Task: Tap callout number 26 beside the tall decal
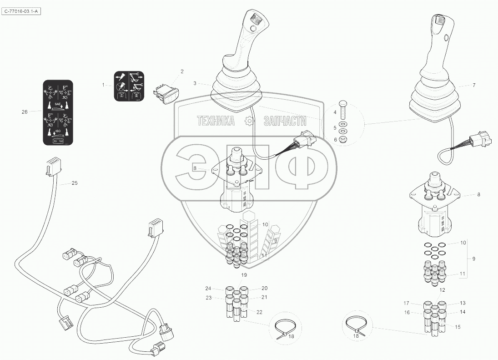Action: coord(25,112)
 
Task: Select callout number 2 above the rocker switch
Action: coord(182,71)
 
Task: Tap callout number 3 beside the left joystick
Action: coord(195,83)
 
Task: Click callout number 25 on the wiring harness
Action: coord(75,183)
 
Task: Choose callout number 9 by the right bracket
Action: coord(474,259)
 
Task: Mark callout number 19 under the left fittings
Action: coord(244,275)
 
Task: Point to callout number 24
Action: coord(208,289)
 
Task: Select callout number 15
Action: coord(458,327)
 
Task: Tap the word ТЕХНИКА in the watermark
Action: coord(216,121)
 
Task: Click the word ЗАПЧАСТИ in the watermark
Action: coord(285,121)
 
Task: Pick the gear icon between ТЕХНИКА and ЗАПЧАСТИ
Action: coord(248,121)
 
